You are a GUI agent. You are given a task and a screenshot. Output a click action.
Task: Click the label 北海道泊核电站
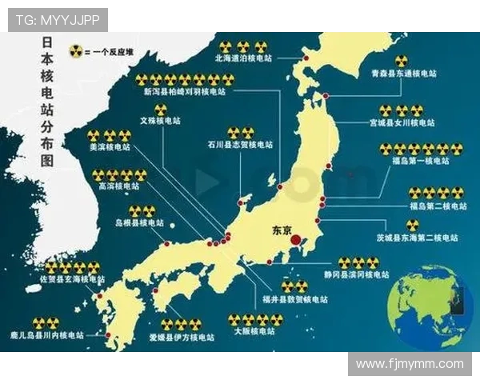tap(243, 58)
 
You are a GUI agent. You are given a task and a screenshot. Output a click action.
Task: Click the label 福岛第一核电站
tap(422, 161)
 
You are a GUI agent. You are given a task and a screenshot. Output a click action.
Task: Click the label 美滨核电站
tap(108, 148)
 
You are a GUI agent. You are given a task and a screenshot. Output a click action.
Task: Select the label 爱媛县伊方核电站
tap(182, 337)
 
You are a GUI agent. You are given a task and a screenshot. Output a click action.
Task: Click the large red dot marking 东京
tap(295, 239)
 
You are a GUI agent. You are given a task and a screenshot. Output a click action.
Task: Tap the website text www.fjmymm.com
tap(410, 364)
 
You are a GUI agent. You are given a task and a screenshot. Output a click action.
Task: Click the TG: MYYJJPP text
tap(57, 20)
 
